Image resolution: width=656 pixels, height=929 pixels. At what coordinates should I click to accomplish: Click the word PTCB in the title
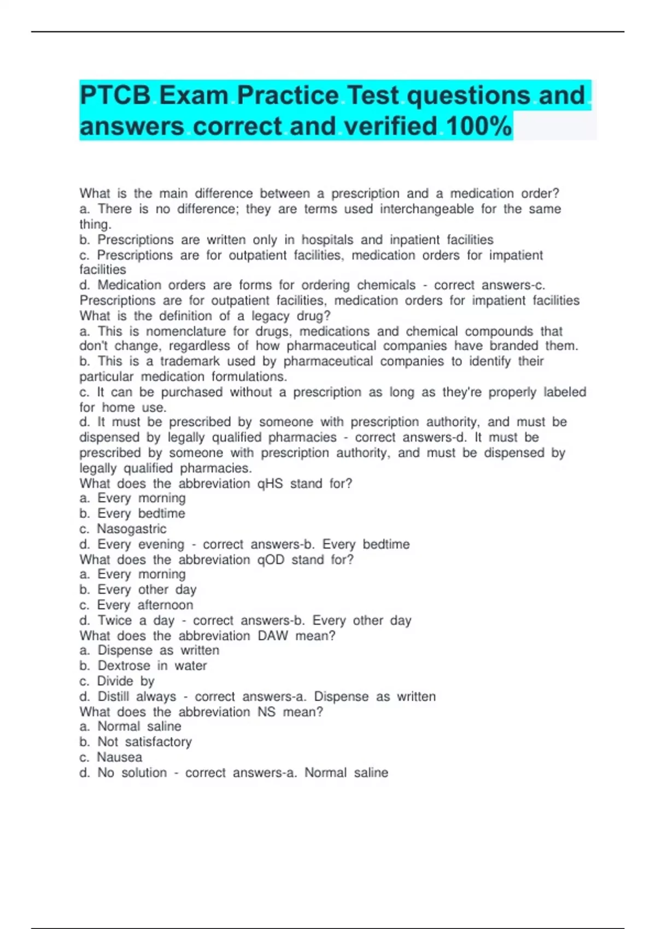(x=115, y=96)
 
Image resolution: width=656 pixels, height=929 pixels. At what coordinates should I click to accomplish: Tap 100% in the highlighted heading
(x=479, y=126)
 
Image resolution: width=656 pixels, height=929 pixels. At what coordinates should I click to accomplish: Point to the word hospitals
(x=327, y=239)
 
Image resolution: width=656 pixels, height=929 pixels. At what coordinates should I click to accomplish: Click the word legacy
(x=270, y=316)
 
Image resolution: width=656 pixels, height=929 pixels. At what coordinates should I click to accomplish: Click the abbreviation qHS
(x=270, y=484)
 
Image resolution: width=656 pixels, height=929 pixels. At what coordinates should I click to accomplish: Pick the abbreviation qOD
(x=271, y=560)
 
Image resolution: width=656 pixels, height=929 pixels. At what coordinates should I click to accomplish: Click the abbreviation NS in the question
(x=266, y=712)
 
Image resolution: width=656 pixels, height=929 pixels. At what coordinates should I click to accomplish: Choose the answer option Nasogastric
(x=131, y=529)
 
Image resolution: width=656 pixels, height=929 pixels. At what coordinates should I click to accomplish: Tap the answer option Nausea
(x=119, y=757)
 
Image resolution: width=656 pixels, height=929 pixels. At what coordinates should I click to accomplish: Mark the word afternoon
(x=165, y=605)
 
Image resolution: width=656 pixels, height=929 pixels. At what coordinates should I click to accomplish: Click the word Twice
(x=115, y=621)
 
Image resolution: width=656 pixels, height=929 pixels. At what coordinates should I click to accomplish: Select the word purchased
(x=191, y=392)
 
